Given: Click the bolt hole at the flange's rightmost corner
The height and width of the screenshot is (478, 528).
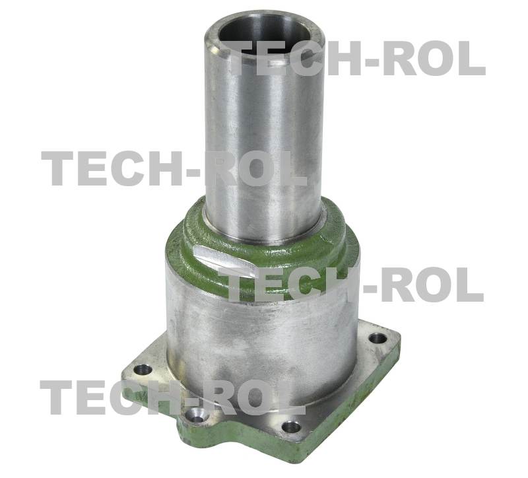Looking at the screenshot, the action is pyautogui.click(x=378, y=337).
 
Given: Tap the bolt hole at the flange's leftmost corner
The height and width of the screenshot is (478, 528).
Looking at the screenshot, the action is pyautogui.click(x=143, y=370).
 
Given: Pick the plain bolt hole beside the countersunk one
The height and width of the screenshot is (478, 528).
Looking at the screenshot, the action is pyautogui.click(x=291, y=427).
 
